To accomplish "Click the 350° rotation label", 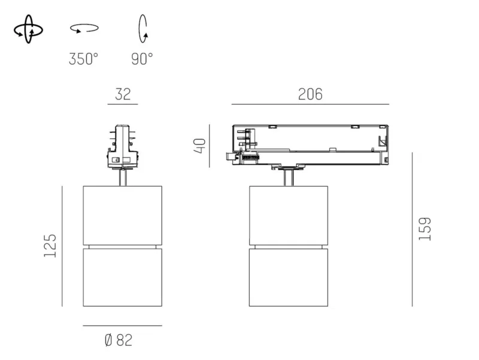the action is [83, 59].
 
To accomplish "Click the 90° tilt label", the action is [142, 59].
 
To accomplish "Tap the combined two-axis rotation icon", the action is [28, 29].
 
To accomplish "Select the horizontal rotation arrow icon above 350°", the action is [84, 28].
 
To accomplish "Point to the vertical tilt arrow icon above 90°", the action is [143, 29].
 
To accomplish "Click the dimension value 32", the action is [123, 94].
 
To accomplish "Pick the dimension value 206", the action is [310, 94].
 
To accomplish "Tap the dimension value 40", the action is [200, 146].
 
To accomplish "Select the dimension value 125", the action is [50, 246].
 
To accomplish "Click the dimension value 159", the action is [425, 229].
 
